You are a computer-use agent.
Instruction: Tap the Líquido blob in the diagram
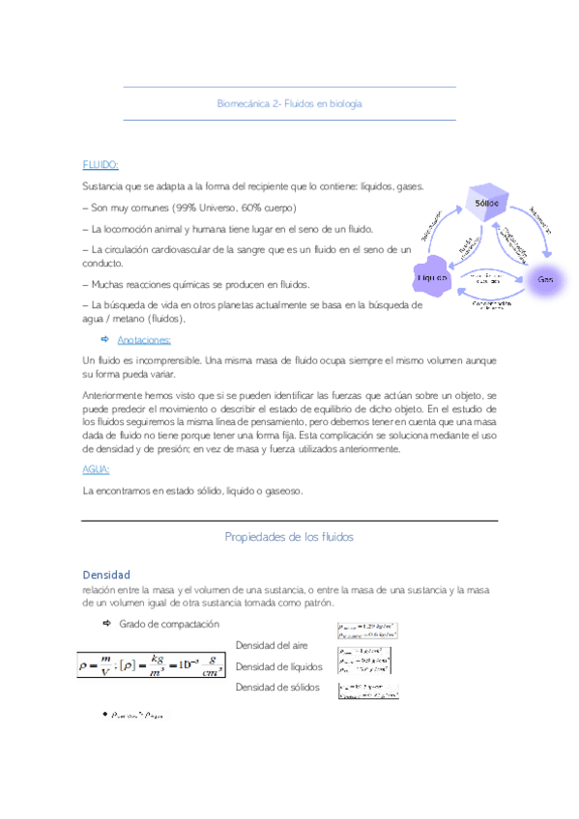[x=435, y=277]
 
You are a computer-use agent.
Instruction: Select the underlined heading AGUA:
[x=97, y=469]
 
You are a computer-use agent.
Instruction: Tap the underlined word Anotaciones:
[x=144, y=340]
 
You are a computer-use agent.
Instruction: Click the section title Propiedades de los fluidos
[x=290, y=536]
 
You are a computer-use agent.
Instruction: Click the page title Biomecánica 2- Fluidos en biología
[x=290, y=102]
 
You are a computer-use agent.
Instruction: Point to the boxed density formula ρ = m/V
[x=155, y=665]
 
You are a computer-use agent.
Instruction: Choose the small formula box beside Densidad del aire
[x=367, y=631]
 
